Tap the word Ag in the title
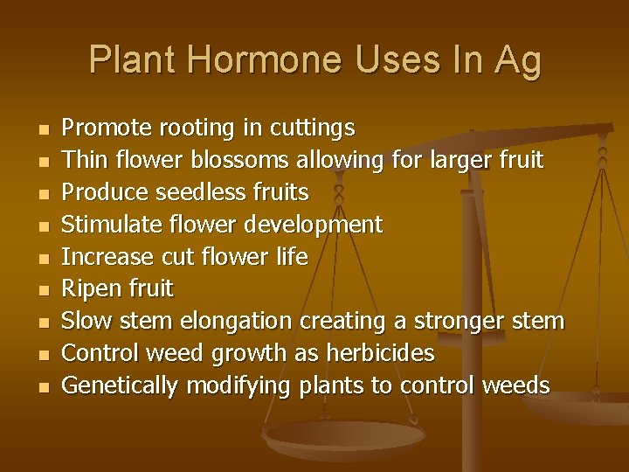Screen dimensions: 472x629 tap(517, 60)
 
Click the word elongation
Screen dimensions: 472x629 tap(240, 321)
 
